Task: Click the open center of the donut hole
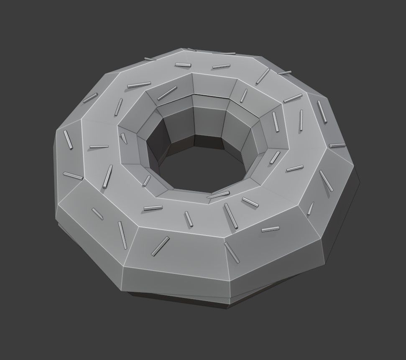pyautogui.click(x=197, y=167)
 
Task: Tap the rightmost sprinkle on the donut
pyautogui.click(x=337, y=145)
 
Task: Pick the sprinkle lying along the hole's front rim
pyautogui.click(x=218, y=195)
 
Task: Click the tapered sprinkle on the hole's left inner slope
pyautogui.click(x=124, y=138)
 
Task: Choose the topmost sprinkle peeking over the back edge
pyautogui.click(x=192, y=50)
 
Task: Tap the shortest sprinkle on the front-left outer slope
pyautogui.click(x=97, y=213)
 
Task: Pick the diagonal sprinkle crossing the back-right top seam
pyautogui.click(x=263, y=76)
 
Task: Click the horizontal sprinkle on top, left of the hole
pyautogui.click(x=99, y=147)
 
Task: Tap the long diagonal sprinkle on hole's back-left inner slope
pyautogui.click(x=167, y=93)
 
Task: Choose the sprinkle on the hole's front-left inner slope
pyautogui.click(x=146, y=181)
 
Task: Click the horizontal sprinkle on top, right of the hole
pyautogui.click(x=294, y=168)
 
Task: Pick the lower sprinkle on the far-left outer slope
pyautogui.click(x=73, y=176)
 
